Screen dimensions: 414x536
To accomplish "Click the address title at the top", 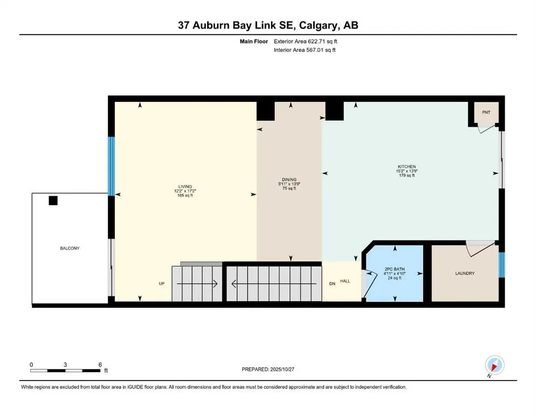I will pos(268,25).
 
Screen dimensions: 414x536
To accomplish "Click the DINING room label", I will pos(289,180).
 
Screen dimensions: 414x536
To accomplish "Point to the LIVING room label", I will pos(184,187).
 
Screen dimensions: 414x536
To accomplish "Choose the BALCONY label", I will pos(70,248).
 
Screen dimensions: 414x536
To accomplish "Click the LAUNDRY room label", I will pos(465,273).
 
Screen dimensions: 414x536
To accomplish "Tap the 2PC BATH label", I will pos(395,268).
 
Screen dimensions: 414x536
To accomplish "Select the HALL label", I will pos(345,281).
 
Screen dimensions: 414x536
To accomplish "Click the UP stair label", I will pos(161,284).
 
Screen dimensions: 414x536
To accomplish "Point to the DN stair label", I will pos(333,284).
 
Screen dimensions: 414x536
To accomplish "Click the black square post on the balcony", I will pos(53,201).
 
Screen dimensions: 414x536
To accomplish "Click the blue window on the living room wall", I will pos(111,166).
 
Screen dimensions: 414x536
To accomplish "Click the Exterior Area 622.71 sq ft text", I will pos(308,41).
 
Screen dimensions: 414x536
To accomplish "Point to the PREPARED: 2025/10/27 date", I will pos(268,369).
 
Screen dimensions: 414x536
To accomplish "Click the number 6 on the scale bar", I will pos(100,364).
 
